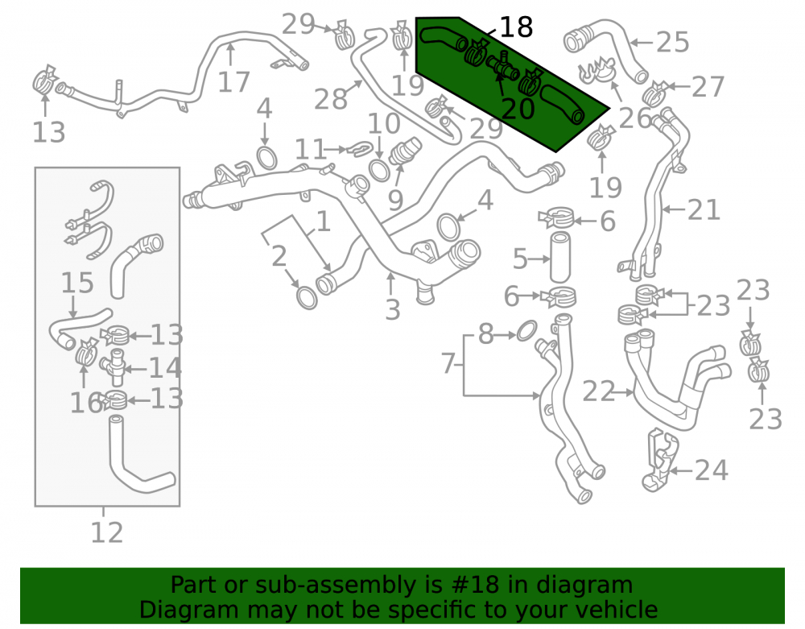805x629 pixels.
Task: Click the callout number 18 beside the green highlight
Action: (x=516, y=27)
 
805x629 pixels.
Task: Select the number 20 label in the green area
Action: (x=518, y=109)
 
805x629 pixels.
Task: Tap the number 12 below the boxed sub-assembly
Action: (x=107, y=532)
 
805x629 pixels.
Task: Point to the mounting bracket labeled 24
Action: (x=659, y=461)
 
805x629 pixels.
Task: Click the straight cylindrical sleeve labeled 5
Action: (x=559, y=257)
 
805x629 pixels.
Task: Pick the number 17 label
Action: (x=233, y=81)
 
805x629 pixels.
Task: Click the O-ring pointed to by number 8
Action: (x=526, y=331)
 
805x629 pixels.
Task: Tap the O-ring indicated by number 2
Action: (x=307, y=298)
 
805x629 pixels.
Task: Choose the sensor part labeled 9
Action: (x=405, y=151)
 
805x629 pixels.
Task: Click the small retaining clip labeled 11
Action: (x=361, y=148)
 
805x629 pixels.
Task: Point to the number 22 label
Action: (x=599, y=391)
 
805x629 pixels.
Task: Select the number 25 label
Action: (x=672, y=42)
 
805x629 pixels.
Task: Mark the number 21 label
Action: (x=704, y=209)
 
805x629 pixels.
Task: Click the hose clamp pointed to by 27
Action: (x=655, y=93)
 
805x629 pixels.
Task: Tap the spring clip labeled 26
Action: (x=597, y=71)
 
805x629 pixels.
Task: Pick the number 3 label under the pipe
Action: (x=393, y=309)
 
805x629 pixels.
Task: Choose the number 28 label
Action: (x=331, y=99)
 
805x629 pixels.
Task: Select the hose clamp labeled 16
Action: (x=86, y=352)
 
